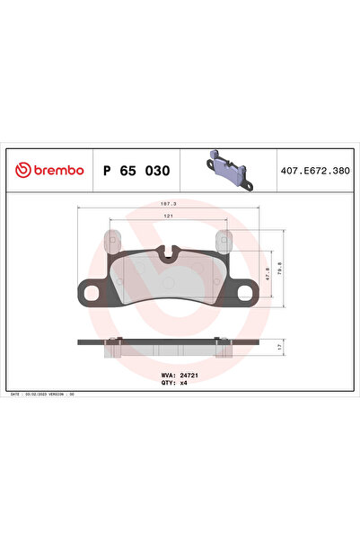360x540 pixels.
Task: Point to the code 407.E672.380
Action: (x=313, y=169)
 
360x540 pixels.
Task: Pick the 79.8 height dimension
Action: (x=281, y=266)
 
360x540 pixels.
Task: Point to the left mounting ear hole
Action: (x=91, y=290)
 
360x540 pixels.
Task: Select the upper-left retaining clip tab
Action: (x=113, y=242)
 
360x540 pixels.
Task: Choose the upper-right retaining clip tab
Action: (x=224, y=242)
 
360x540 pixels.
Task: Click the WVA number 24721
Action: (x=188, y=375)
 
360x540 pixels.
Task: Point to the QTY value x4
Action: (x=183, y=382)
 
